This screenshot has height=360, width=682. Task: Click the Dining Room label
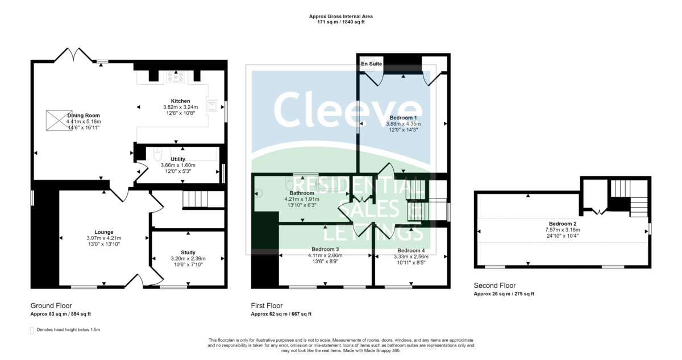(x=83, y=115)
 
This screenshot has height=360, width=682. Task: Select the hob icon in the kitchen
(x=176, y=76)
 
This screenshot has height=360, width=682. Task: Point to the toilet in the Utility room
(x=158, y=155)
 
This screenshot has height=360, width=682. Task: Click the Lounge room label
(x=104, y=232)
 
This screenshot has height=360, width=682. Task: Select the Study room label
(x=188, y=253)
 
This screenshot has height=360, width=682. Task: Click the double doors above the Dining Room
(x=74, y=55)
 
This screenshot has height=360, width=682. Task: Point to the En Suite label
(x=372, y=64)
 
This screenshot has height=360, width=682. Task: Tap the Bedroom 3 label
(x=325, y=250)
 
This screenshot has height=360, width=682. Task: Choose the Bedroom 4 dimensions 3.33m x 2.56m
(x=411, y=256)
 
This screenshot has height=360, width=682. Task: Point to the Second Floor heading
(x=494, y=286)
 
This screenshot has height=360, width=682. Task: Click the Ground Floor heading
(x=51, y=306)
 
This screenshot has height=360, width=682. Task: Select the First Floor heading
(x=267, y=306)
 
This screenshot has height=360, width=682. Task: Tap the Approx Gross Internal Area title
(x=340, y=16)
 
